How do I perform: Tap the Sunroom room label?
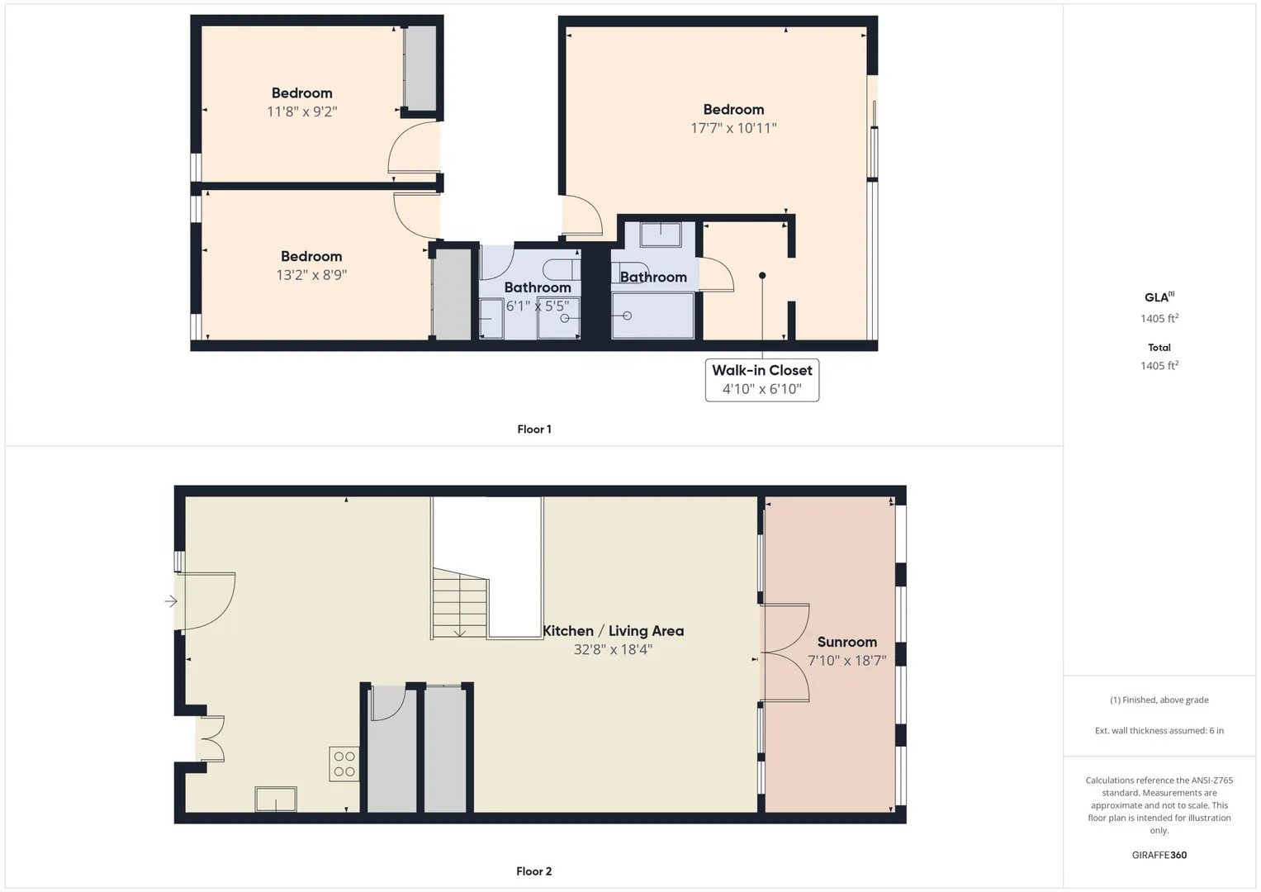pyautogui.click(x=846, y=642)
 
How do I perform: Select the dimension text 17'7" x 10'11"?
pyautogui.click(x=733, y=128)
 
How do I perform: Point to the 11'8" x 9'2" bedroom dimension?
pyautogui.click(x=301, y=111)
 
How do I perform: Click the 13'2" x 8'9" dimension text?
pyautogui.click(x=311, y=275)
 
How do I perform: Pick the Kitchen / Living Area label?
pyautogui.click(x=613, y=631)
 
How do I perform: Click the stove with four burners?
pyautogui.click(x=344, y=764)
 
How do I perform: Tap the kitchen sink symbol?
pyautogui.click(x=276, y=799)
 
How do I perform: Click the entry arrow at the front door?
pyautogui.click(x=171, y=601)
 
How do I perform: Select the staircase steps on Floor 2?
pyautogui.click(x=459, y=603)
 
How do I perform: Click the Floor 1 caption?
pyautogui.click(x=534, y=429)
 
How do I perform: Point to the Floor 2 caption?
pyautogui.click(x=533, y=871)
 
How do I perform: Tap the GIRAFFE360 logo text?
pyautogui.click(x=1159, y=855)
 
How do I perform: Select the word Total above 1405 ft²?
pyautogui.click(x=1159, y=348)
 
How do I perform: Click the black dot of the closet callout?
pyautogui.click(x=762, y=275)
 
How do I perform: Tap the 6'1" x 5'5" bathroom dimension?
pyautogui.click(x=537, y=306)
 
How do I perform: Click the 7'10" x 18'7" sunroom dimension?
pyautogui.click(x=846, y=661)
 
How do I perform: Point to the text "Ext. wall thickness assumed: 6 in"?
pyautogui.click(x=1159, y=730)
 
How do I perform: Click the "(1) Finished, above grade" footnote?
pyautogui.click(x=1159, y=700)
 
